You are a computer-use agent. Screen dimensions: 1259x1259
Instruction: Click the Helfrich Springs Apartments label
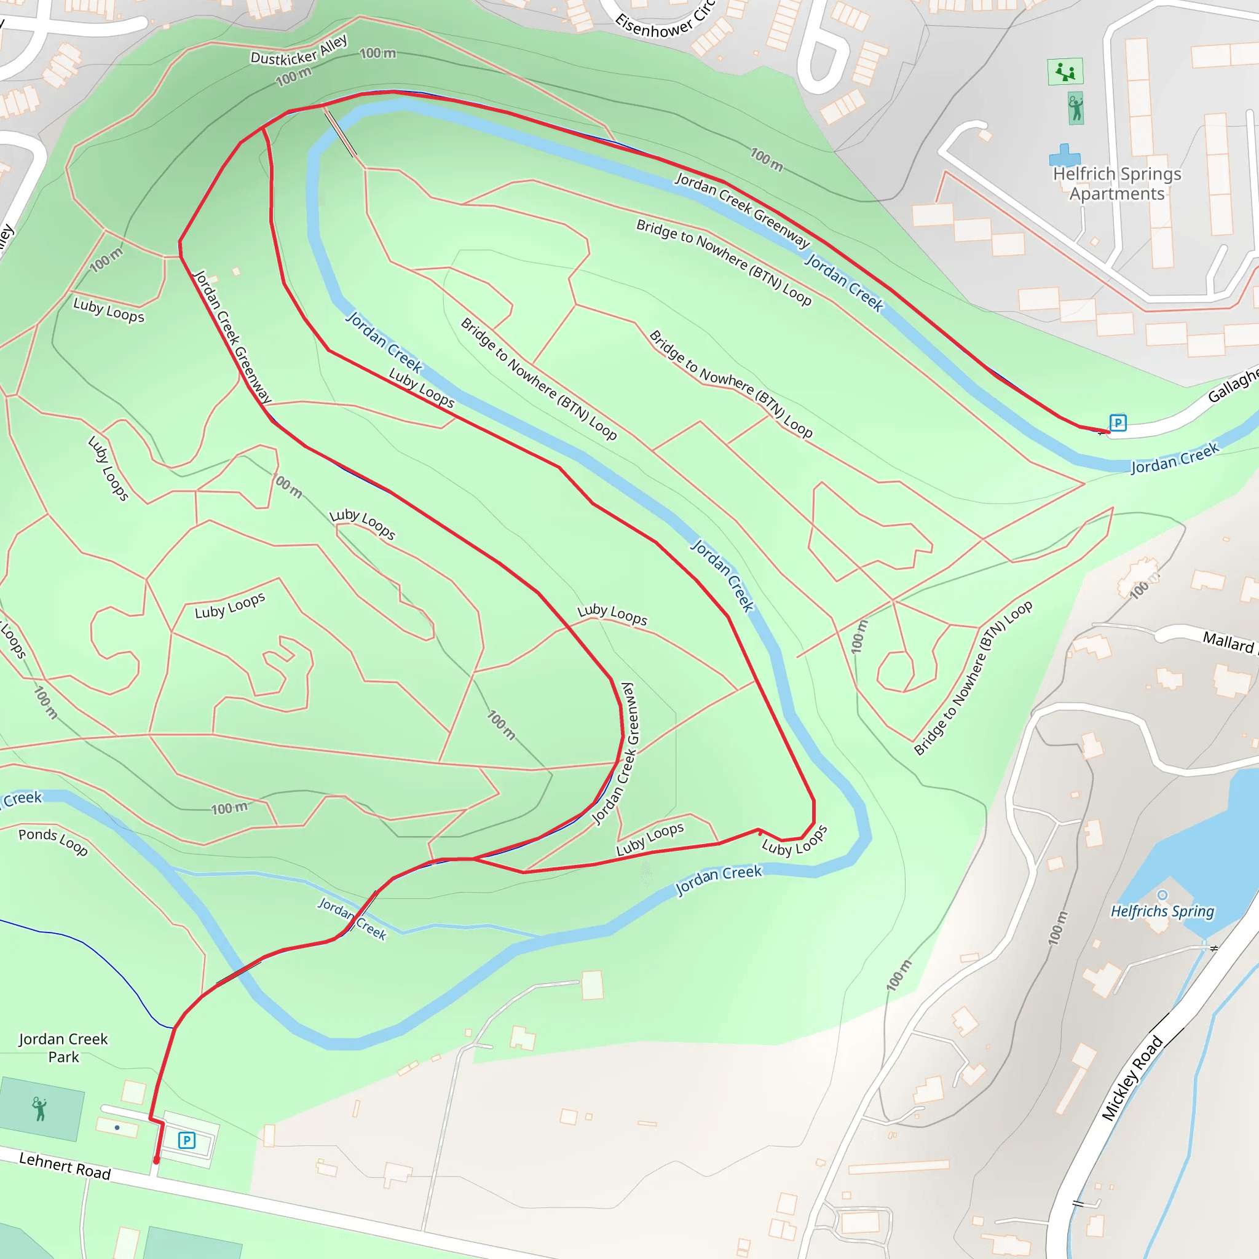pyautogui.click(x=1117, y=184)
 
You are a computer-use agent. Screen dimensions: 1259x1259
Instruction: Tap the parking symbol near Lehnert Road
pyautogui.click(x=187, y=1140)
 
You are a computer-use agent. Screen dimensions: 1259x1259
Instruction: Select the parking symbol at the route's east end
pyautogui.click(x=1118, y=423)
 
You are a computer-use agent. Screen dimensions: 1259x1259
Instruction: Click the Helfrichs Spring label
pyautogui.click(x=1162, y=911)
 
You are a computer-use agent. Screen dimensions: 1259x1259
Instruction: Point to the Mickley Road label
pyautogui.click(x=1132, y=1078)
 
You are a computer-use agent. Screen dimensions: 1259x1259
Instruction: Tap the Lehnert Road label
pyautogui.click(x=65, y=1166)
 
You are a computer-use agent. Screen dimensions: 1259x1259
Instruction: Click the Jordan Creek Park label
pyautogui.click(x=63, y=1048)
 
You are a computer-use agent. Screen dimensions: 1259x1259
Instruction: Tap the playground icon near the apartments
pyautogui.click(x=1065, y=72)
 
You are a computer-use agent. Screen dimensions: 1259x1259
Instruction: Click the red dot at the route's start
pyautogui.click(x=156, y=1161)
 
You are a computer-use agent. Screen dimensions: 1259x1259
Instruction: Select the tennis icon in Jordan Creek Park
pyautogui.click(x=40, y=1108)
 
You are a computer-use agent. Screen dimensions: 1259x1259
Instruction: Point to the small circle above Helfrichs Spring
pyautogui.click(x=1162, y=894)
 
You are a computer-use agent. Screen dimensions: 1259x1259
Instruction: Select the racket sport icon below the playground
pyautogui.click(x=1076, y=108)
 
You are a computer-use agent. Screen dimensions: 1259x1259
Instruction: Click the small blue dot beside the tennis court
pyautogui.click(x=117, y=1127)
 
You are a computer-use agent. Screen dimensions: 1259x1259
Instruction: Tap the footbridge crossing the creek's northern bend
pyautogui.click(x=340, y=133)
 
